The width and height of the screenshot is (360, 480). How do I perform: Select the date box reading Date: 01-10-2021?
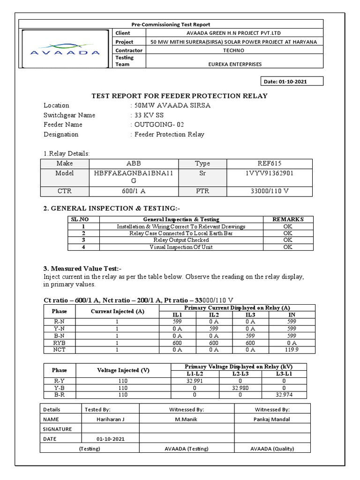pyautogui.click(x=286, y=82)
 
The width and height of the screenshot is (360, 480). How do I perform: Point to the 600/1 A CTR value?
pyautogui.click(x=127, y=191)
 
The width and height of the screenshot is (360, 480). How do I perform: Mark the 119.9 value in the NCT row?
pyautogui.click(x=291, y=350)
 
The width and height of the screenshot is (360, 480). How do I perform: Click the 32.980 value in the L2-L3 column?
pyautogui.click(x=240, y=388)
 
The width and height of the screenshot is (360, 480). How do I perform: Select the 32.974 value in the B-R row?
pyautogui.click(x=284, y=395)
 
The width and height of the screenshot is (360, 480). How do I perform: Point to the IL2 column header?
pyautogui.click(x=213, y=315)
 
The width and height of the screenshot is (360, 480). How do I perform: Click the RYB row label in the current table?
pyautogui.click(x=60, y=343)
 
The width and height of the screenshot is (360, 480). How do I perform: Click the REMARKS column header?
pyautogui.click(x=288, y=219)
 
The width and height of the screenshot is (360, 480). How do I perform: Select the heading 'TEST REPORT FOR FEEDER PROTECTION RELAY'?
pyautogui.click(x=179, y=96)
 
